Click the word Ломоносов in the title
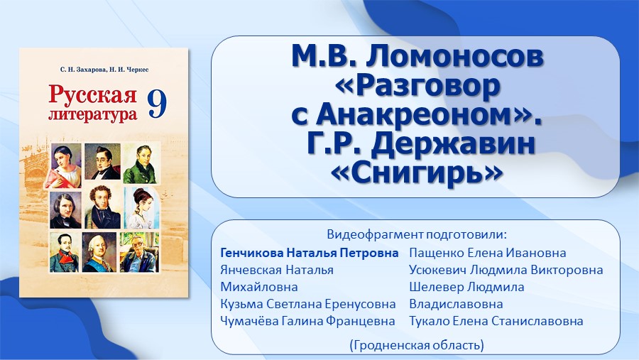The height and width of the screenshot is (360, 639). click(454, 57)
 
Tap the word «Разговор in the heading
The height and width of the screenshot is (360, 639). click(417, 87)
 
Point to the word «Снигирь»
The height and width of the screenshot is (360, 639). click(417, 174)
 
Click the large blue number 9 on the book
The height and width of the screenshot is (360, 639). click(158, 104)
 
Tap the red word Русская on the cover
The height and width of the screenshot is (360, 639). click(92, 94)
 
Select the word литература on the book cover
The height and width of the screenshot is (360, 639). click(92, 114)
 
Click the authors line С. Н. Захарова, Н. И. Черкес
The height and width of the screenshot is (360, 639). click(104, 70)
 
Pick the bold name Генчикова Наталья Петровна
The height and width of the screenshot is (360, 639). click(310, 253)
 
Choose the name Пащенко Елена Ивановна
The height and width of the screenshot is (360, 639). click(487, 253)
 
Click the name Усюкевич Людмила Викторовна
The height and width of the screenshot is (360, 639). click(506, 270)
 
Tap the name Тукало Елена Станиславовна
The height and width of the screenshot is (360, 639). click(496, 321)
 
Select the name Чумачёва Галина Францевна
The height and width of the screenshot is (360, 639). click(307, 321)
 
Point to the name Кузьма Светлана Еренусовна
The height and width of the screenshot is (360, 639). click(307, 304)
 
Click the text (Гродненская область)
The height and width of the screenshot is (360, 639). click(417, 345)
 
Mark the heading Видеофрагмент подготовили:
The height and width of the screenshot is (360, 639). click(417, 234)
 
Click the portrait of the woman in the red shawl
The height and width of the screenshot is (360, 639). click(65, 165)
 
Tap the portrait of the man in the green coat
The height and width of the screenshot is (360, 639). click(140, 163)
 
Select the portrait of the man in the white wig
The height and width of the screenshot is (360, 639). click(99, 252)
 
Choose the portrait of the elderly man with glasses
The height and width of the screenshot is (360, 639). click(139, 252)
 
